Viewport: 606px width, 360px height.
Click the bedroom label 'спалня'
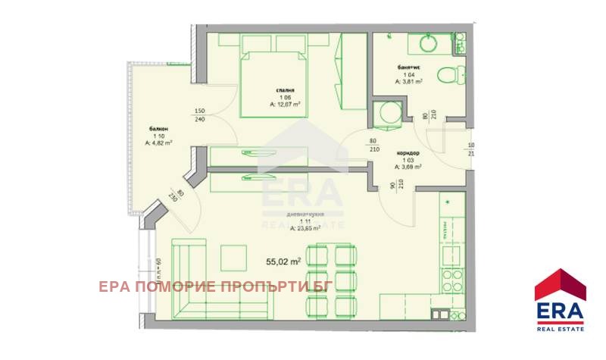point(284,90)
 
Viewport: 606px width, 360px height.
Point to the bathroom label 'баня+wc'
point(408,67)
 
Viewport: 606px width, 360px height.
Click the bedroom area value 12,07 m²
point(286,105)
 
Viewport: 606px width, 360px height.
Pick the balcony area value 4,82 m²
point(159,142)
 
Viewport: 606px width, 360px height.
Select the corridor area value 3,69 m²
point(409,165)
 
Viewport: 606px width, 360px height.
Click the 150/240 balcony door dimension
point(200,114)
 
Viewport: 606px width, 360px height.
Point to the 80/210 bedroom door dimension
point(373,144)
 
